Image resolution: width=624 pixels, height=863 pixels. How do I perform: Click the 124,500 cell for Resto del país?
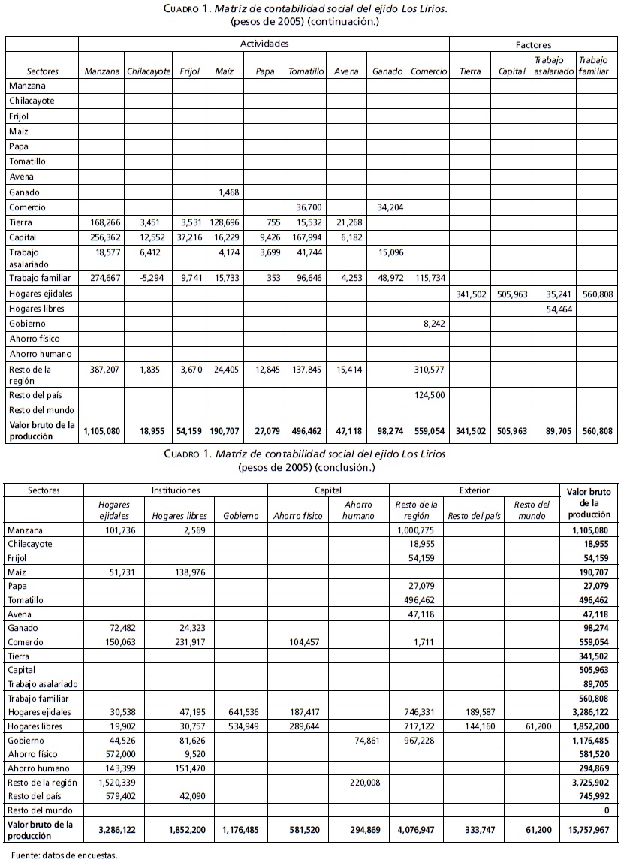pos(429,394)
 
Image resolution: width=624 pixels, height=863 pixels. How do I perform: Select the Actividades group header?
pos(264,44)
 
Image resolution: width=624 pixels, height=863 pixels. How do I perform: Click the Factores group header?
pos(533,45)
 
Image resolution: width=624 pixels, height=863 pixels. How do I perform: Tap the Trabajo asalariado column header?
pos(554,65)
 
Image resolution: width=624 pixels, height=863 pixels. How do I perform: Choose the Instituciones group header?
pos(176,490)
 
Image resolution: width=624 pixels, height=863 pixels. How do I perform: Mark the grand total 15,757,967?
pos(587,830)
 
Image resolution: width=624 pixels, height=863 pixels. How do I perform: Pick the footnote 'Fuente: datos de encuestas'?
pos(65,855)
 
